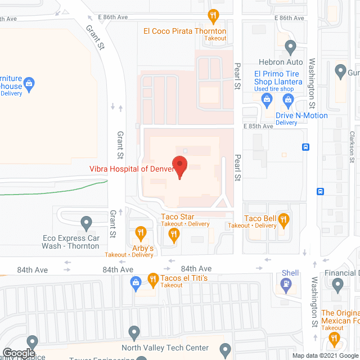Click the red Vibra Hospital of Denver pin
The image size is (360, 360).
pyautogui.click(x=179, y=167)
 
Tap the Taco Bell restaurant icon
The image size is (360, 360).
pyautogui.click(x=285, y=221)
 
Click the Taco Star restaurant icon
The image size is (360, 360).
pyautogui.click(x=174, y=235)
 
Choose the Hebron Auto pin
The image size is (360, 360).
pyautogui.click(x=290, y=47)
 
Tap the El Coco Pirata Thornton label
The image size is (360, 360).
pyautogui.click(x=184, y=31)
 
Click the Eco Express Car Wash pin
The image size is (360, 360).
pyautogui.click(x=86, y=223)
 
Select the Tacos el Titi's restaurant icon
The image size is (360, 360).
pyautogui.click(x=152, y=278)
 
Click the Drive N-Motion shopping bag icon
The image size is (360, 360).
pyautogui.click(x=289, y=101)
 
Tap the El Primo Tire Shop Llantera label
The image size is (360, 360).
pyautogui.click(x=278, y=78)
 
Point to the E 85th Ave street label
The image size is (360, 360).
pyautogui.click(x=258, y=126)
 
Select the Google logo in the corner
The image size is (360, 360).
pyautogui.click(x=18, y=353)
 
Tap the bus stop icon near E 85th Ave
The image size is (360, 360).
pyautogui.click(x=305, y=147)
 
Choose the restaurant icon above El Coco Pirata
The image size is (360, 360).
pyautogui.click(x=213, y=15)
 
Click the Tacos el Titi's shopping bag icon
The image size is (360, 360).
pyautogui.click(x=135, y=282)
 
